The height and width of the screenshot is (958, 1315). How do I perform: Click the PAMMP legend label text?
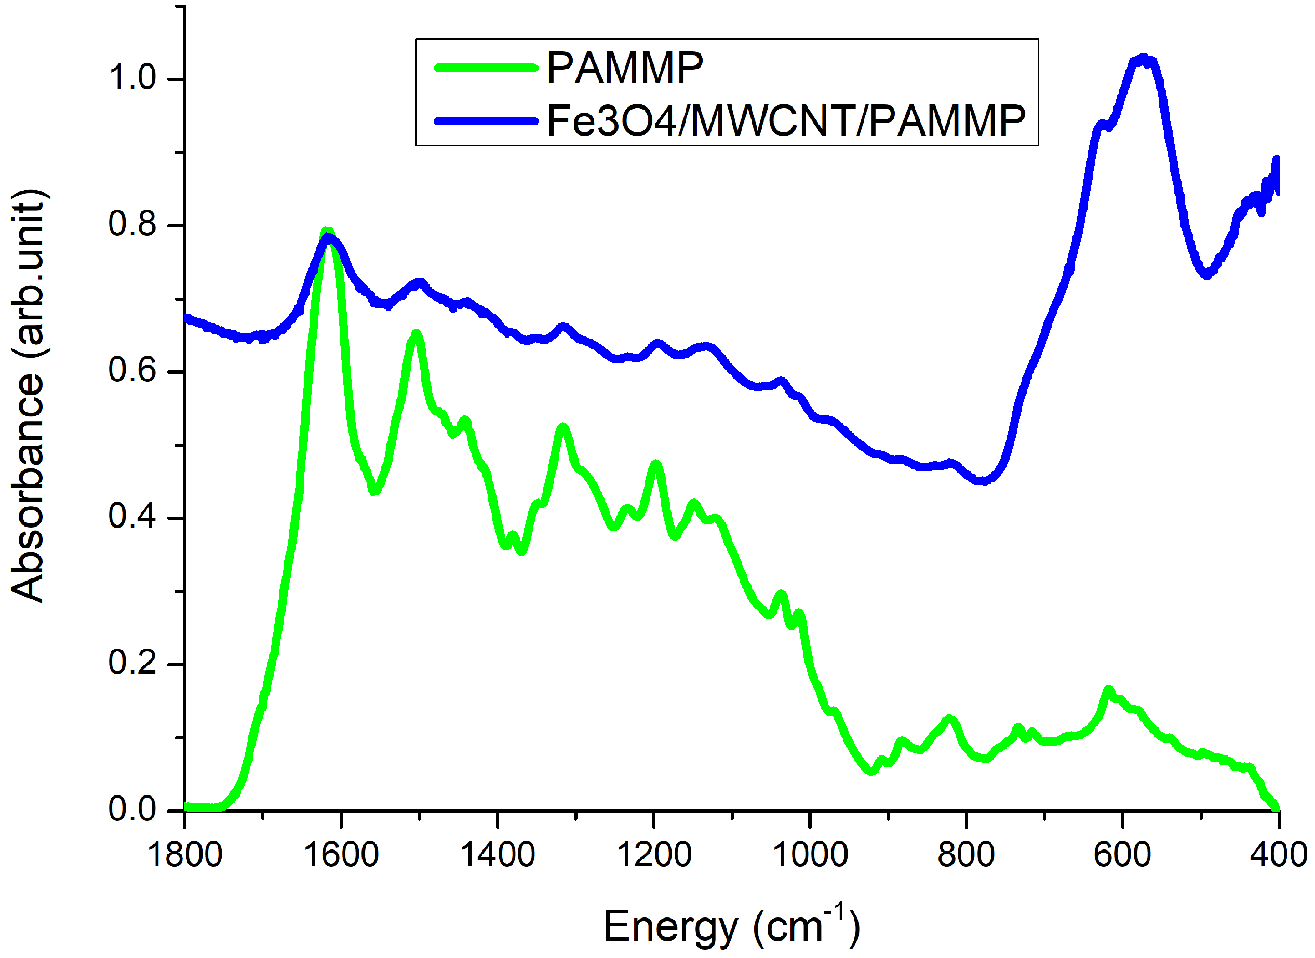(x=625, y=69)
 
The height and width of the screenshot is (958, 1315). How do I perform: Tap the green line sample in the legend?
(x=486, y=69)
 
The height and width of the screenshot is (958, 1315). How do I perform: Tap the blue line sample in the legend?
(x=486, y=121)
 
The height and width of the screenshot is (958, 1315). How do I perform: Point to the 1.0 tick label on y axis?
(x=132, y=78)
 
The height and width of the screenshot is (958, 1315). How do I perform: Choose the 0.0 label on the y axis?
(x=132, y=809)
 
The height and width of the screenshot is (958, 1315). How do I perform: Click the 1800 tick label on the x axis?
(x=185, y=855)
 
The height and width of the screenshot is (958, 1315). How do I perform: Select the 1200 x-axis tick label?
(x=654, y=855)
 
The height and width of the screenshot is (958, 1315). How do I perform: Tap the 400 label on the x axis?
(x=1278, y=855)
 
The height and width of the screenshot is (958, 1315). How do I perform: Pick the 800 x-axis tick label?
(x=966, y=855)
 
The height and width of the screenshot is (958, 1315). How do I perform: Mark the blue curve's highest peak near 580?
(x=1142, y=60)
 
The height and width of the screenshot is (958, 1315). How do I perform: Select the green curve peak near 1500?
(x=416, y=334)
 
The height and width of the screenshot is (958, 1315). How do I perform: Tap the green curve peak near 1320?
(x=562, y=428)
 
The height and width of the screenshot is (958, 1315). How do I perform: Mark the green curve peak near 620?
(x=1108, y=691)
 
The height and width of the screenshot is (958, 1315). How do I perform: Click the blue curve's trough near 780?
(x=982, y=481)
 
